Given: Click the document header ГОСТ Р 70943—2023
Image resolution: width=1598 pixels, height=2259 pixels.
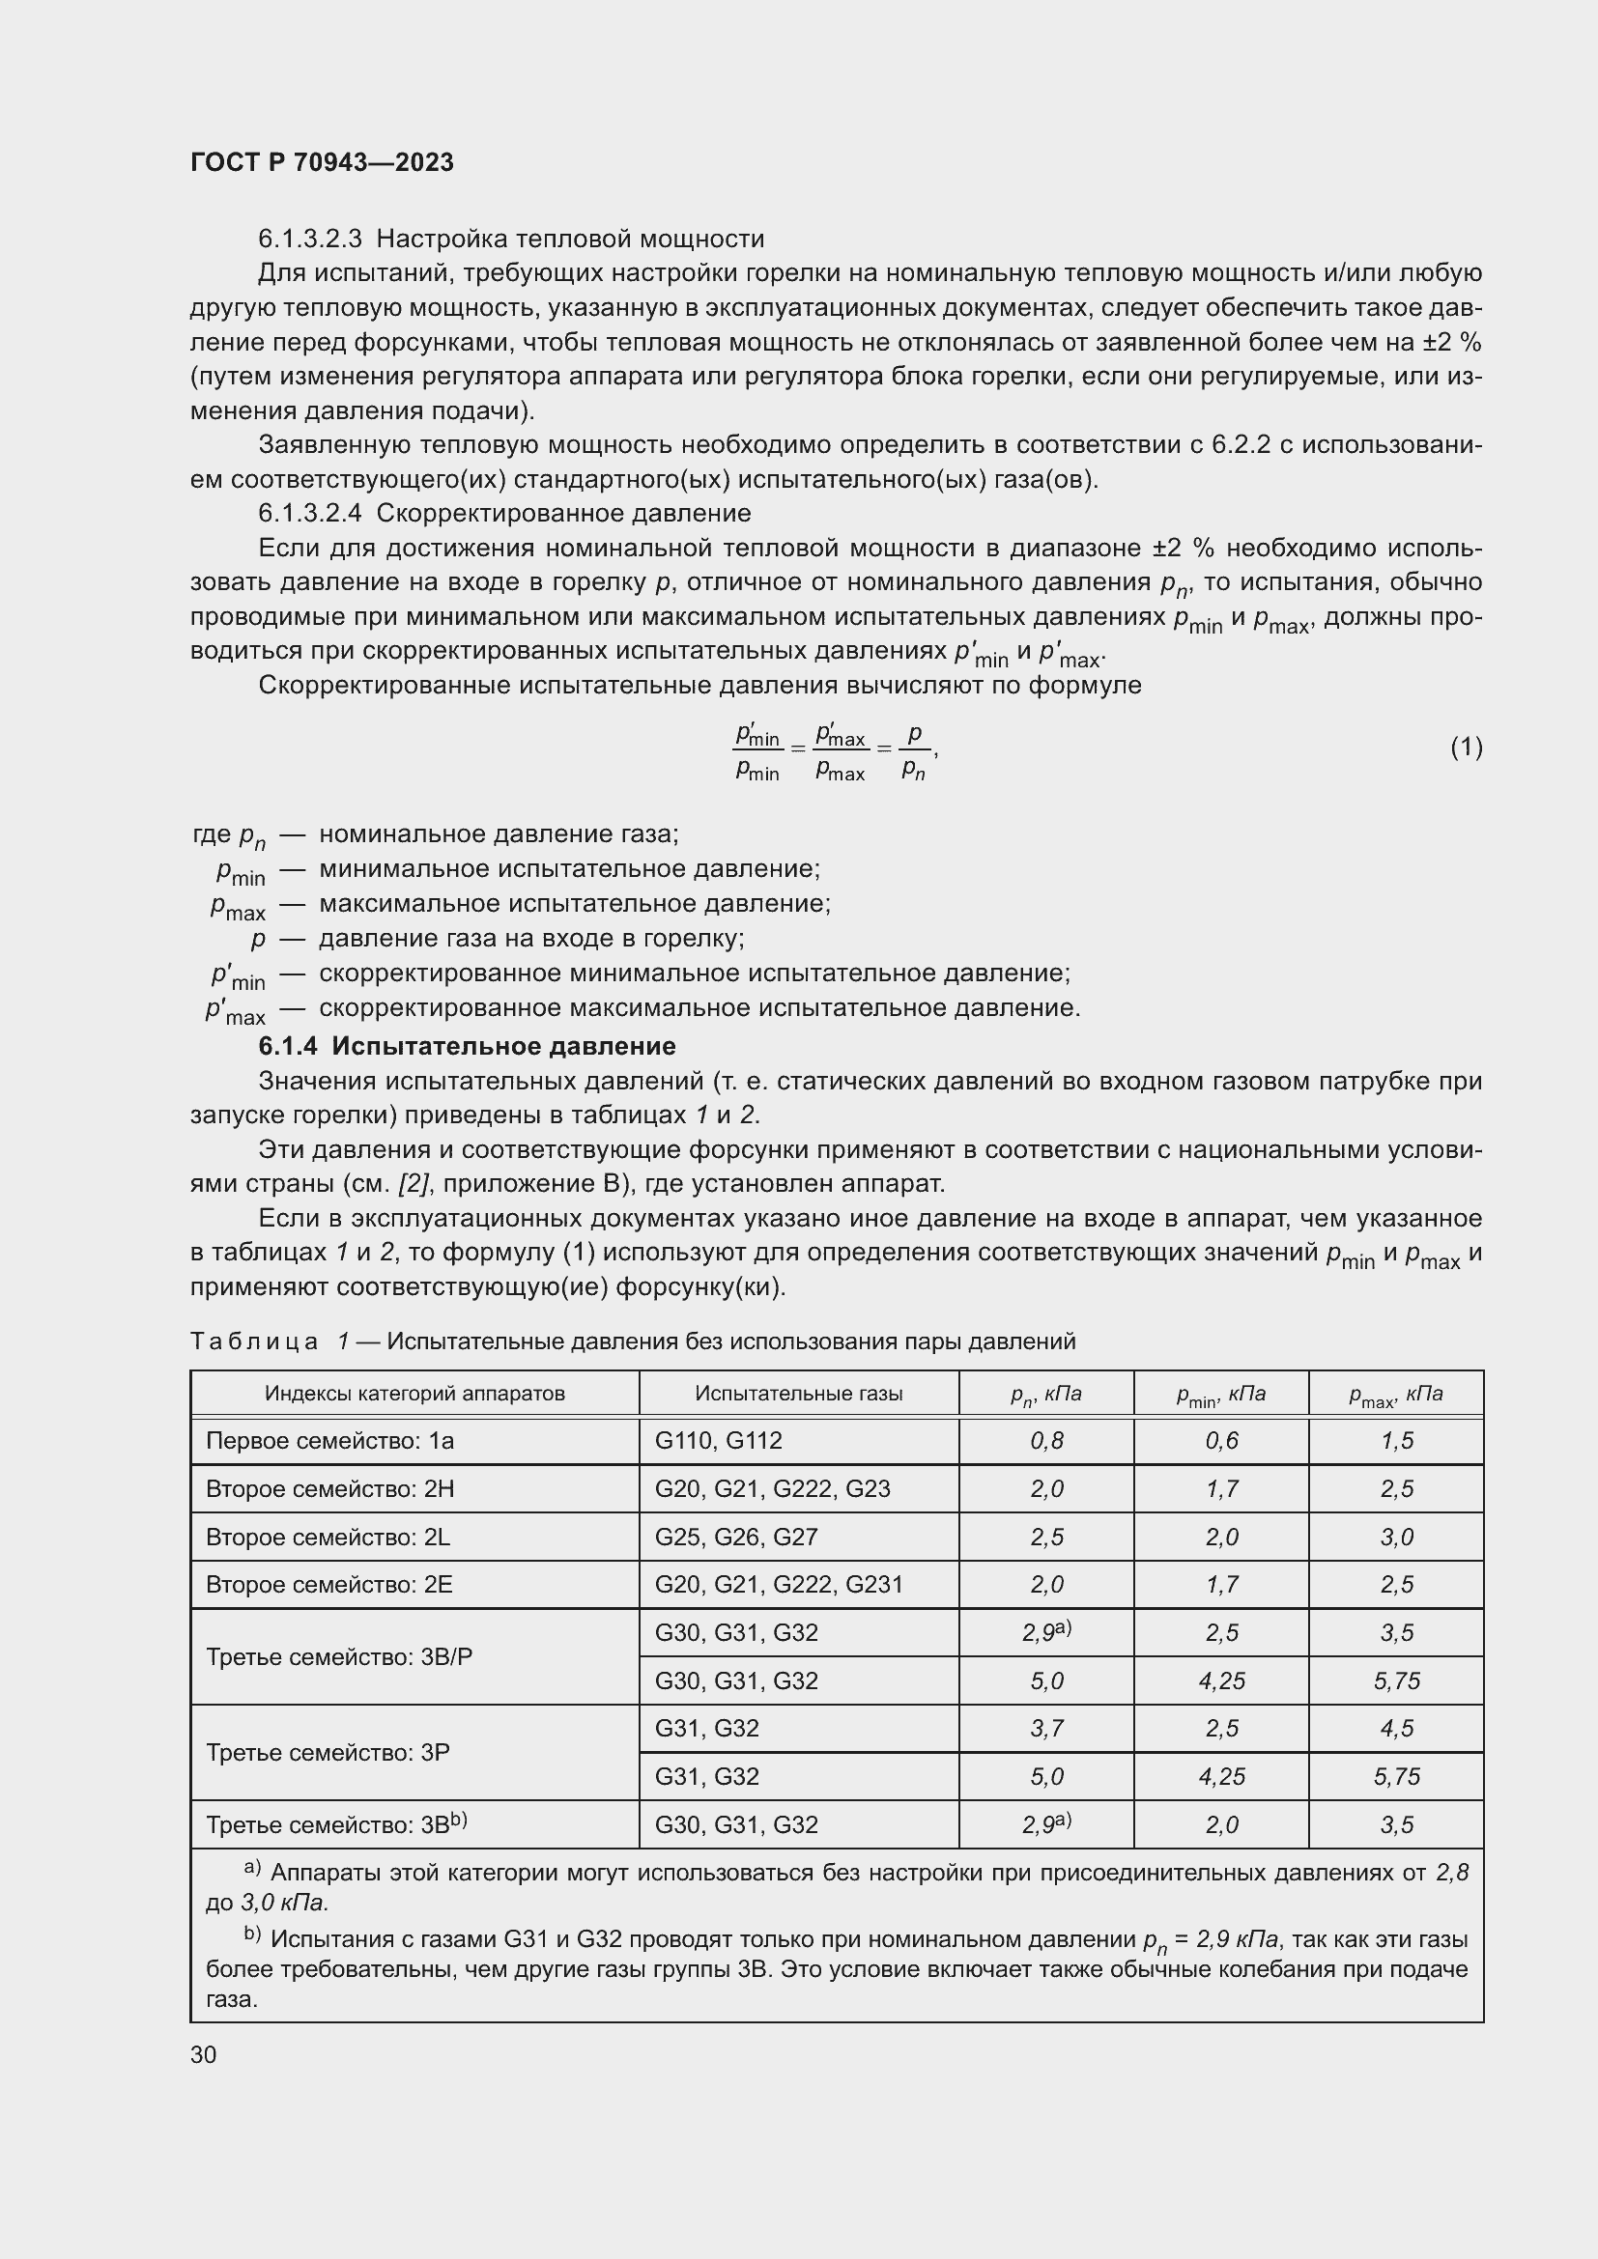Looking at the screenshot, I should (x=322, y=162).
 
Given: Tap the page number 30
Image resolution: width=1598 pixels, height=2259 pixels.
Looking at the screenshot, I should (x=204, y=2054).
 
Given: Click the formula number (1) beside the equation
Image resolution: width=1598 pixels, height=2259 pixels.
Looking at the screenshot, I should (x=1466, y=748).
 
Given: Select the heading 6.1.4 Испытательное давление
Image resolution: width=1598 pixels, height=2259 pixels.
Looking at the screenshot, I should (x=467, y=1046).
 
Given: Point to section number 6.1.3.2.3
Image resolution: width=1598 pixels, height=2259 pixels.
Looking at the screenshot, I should (x=310, y=240).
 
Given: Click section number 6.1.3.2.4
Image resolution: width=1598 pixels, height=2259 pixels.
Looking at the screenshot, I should (x=310, y=514).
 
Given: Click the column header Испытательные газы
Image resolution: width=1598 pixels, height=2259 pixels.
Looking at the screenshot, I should (x=798, y=1394).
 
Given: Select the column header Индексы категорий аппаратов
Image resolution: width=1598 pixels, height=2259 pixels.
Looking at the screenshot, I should (x=414, y=1394).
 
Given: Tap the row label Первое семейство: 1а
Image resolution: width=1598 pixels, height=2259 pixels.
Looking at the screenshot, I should (x=329, y=1441).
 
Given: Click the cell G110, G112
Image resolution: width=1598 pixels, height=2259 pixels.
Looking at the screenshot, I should (x=718, y=1441).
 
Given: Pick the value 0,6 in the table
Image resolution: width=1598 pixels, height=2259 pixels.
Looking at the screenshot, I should (x=1221, y=1441).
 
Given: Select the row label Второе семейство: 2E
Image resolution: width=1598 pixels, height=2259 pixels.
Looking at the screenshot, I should (x=329, y=1585).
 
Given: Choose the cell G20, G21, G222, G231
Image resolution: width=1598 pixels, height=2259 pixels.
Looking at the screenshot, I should (x=779, y=1585).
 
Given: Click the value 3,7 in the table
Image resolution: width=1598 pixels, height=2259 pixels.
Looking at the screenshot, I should (x=1046, y=1729).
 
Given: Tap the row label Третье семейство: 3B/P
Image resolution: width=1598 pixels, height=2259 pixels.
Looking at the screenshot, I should (x=338, y=1657).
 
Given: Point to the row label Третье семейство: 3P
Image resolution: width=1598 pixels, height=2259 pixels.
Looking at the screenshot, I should (x=328, y=1752).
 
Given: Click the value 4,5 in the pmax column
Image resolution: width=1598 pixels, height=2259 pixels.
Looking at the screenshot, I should (x=1396, y=1729).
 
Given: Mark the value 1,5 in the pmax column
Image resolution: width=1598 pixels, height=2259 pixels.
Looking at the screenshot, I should (x=1396, y=1441).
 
